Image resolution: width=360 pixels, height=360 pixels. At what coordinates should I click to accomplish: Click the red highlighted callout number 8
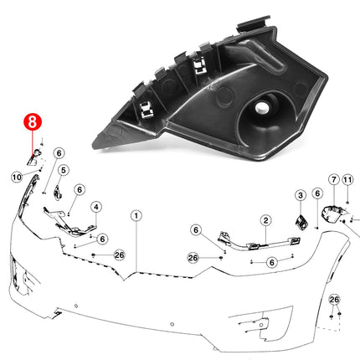click(31, 121)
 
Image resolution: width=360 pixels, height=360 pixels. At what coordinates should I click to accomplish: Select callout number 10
click(17, 177)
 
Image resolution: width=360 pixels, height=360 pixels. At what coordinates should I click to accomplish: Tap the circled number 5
click(63, 170)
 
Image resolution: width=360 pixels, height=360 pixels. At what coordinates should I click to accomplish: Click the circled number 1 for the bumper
click(136, 215)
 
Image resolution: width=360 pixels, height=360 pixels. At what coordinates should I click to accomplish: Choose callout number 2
click(265, 221)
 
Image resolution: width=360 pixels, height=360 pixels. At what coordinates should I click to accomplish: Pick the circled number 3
click(301, 196)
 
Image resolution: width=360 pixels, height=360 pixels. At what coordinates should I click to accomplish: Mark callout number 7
click(333, 179)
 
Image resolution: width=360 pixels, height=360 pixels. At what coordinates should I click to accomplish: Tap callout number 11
click(349, 179)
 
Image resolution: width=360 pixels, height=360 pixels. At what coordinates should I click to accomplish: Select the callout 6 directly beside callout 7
click(317, 193)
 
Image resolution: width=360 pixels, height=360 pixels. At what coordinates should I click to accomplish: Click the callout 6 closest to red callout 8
click(59, 153)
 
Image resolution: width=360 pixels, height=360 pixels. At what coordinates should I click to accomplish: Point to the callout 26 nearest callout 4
click(118, 255)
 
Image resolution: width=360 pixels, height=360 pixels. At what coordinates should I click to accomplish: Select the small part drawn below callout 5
click(58, 191)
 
